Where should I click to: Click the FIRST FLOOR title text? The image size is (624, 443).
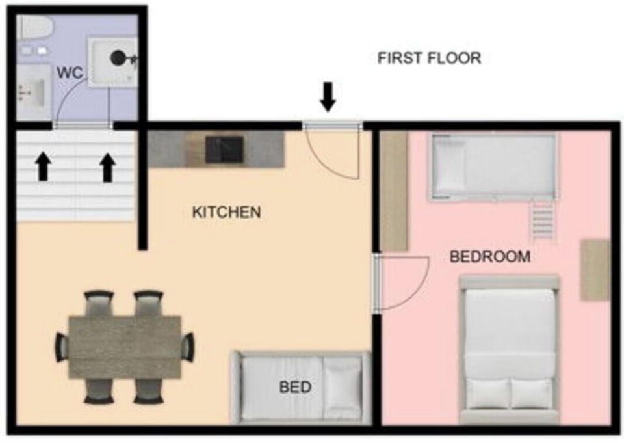(429, 58)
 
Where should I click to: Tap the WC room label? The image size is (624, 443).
(70, 73)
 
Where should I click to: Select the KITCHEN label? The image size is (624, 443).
(226, 212)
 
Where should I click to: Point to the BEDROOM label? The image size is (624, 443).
(490, 256)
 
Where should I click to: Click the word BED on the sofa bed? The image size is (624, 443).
(295, 387)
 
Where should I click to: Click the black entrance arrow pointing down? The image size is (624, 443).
(328, 96)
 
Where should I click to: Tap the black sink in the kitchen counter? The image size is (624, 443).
(224, 150)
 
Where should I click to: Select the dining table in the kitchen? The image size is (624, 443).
(125, 347)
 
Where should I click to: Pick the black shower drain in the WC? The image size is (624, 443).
(118, 59)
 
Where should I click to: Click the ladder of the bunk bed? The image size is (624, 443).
(542, 221)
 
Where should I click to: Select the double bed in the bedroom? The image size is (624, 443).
(509, 349)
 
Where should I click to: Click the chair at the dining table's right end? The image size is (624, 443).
(188, 347)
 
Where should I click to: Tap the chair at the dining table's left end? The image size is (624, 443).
(62, 347)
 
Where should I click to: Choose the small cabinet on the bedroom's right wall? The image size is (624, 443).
(595, 270)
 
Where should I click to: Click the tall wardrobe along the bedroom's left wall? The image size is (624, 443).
(394, 191)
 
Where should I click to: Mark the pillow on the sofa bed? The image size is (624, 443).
(343, 387)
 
